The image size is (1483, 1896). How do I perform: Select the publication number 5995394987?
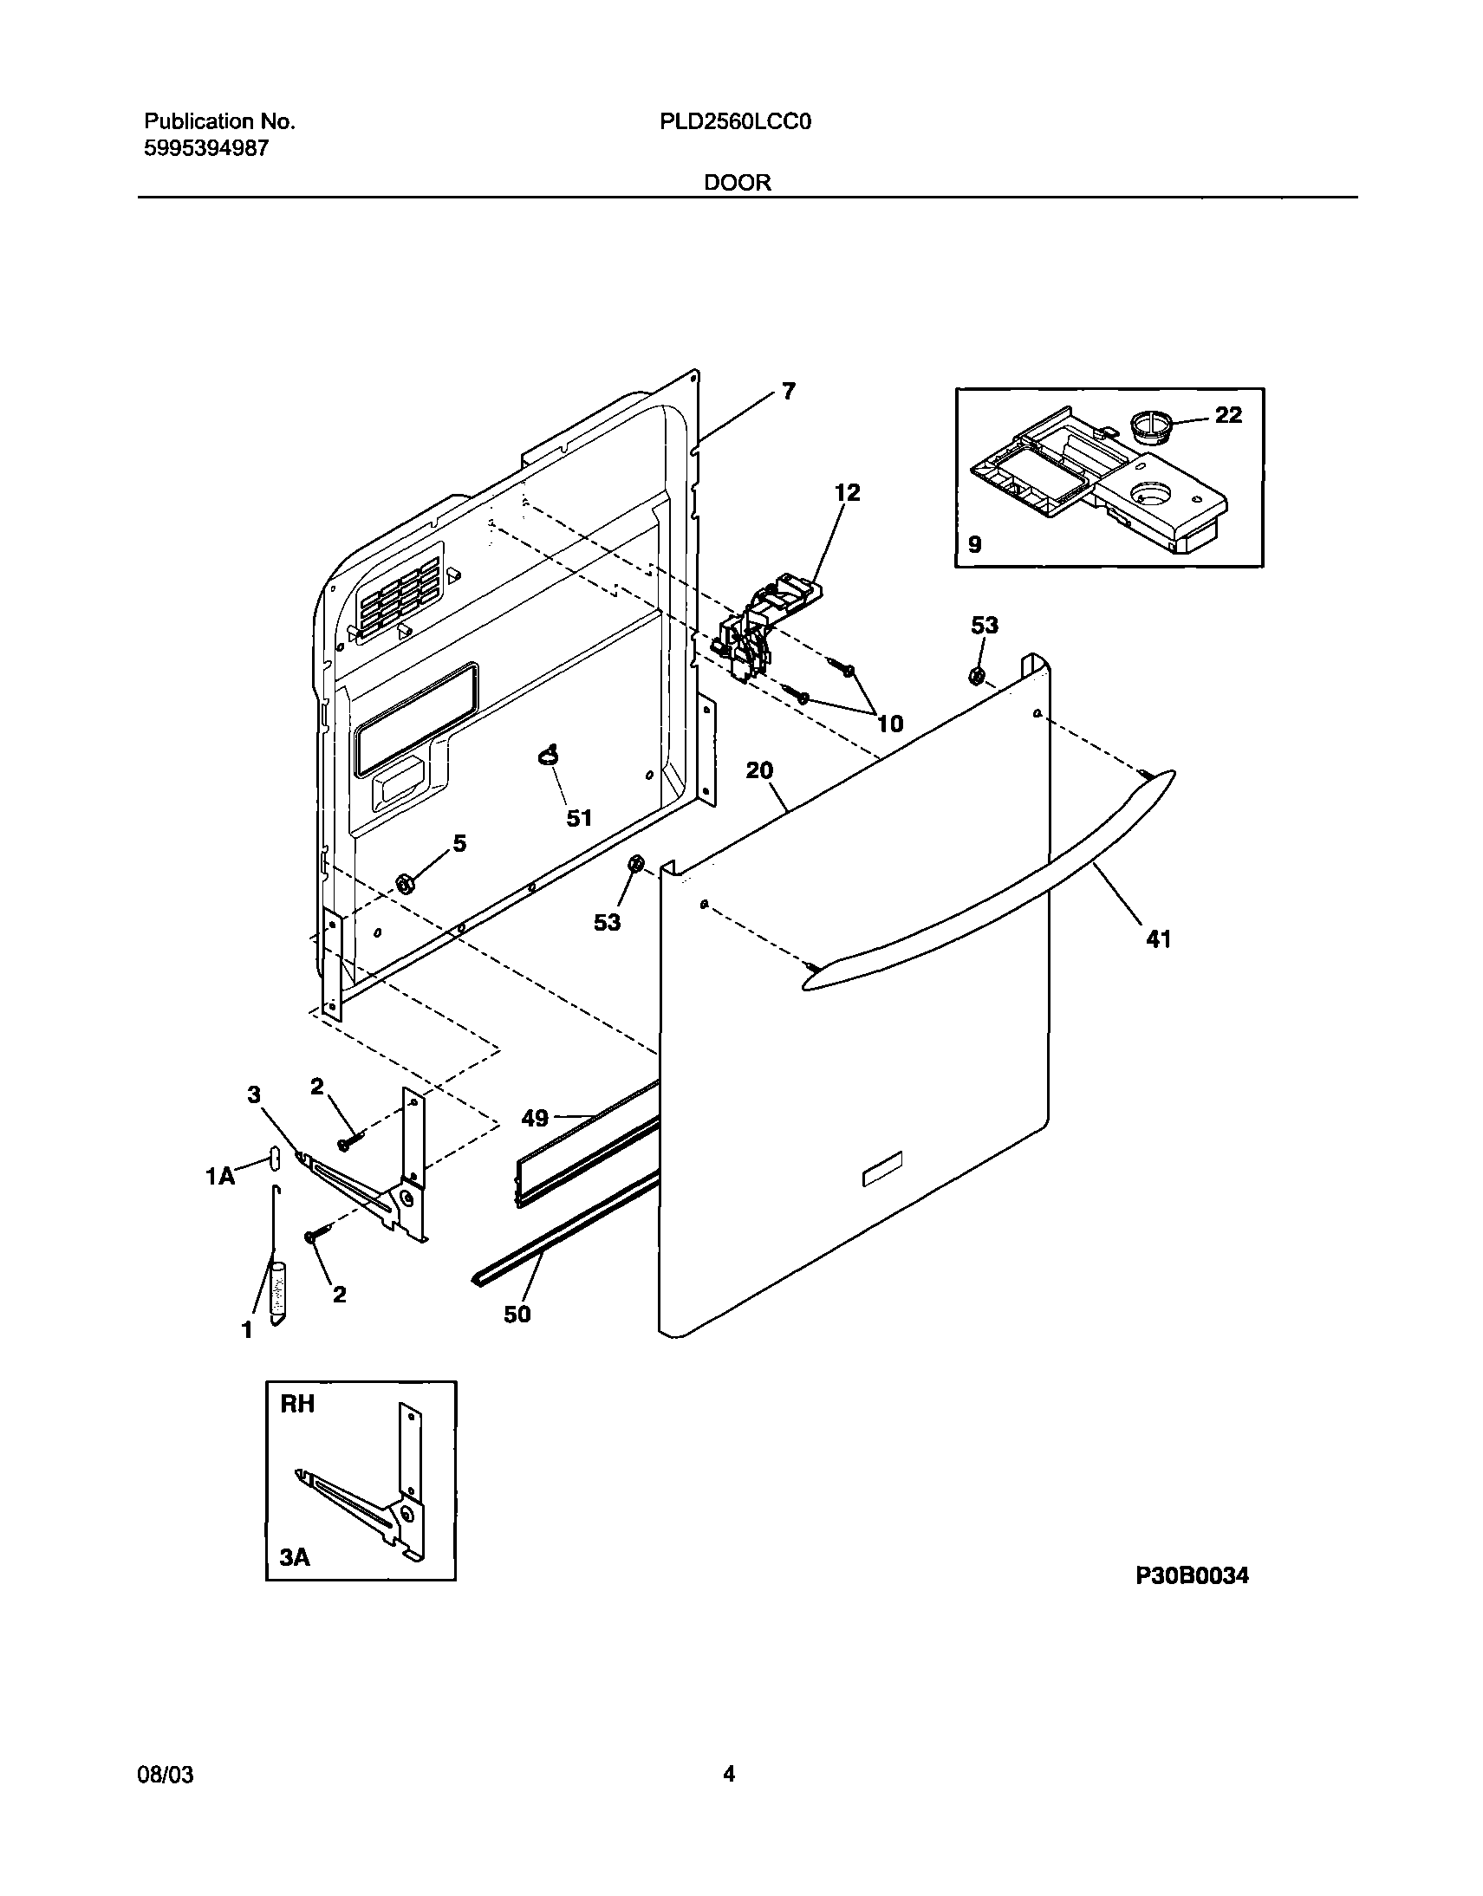pos(205,148)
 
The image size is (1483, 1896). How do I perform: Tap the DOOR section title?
pos(737,182)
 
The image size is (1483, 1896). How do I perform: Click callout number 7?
pos(788,392)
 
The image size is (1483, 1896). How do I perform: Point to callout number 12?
pos(847,493)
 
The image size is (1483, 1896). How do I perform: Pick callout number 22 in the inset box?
pos(1227,415)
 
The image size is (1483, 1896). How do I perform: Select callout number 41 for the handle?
pos(1159,938)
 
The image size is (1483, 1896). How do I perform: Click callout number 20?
pos(759,770)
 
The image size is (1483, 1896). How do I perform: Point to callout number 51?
pos(579,818)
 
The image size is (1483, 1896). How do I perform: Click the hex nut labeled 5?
pos(404,883)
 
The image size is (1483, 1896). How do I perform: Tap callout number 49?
pos(535,1118)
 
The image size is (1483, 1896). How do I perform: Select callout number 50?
pos(517,1315)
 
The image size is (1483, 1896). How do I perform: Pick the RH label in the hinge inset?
pos(297,1404)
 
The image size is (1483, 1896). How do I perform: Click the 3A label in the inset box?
pos(296,1558)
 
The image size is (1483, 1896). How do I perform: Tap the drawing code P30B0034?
pos(1192,1575)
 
